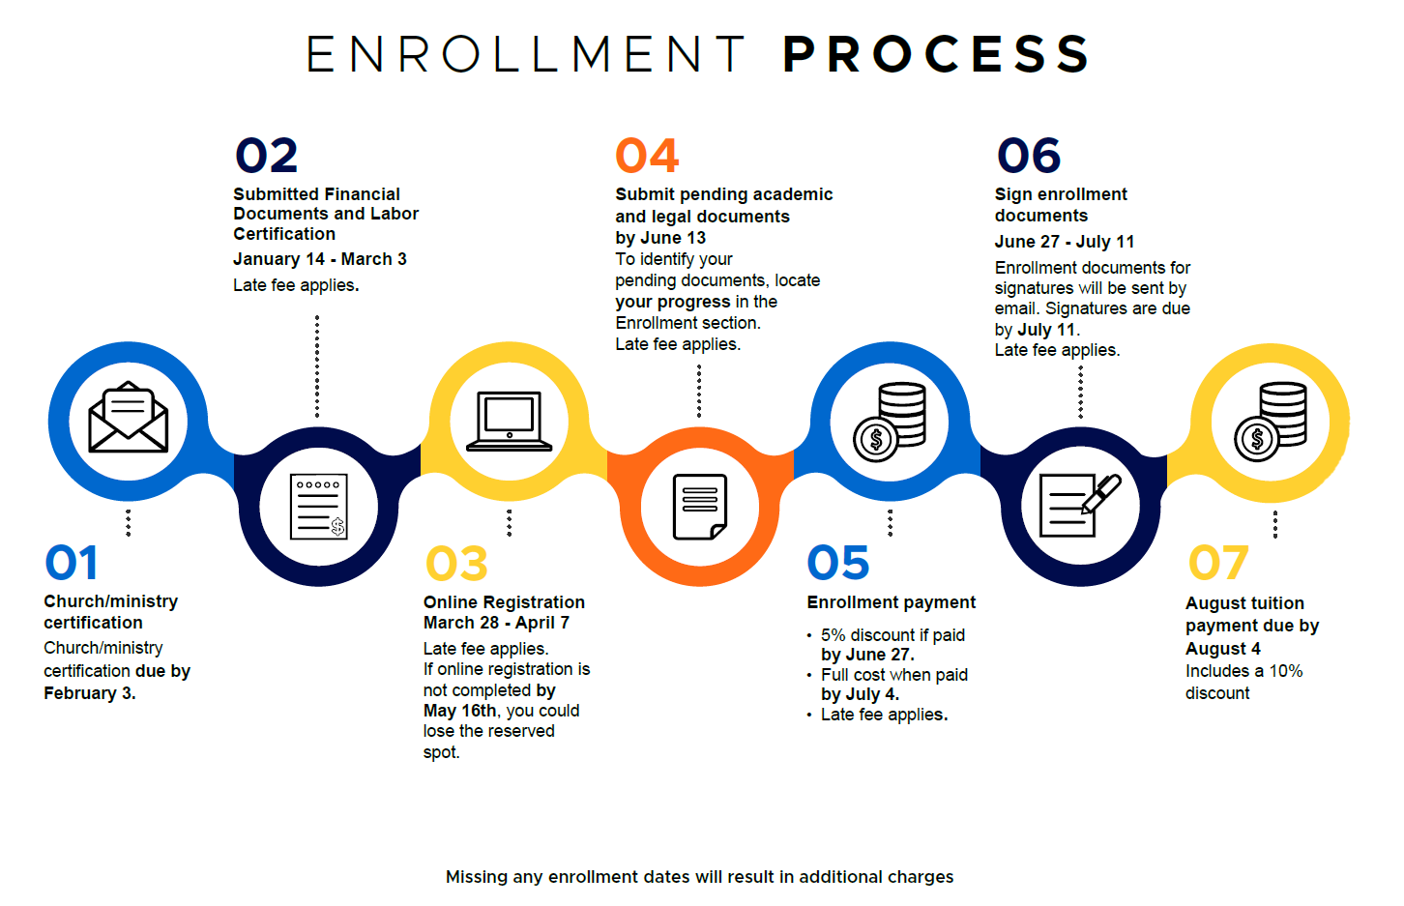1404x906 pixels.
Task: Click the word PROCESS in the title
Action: point(936,53)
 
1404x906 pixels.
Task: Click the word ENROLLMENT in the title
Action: point(525,54)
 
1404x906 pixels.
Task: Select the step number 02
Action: point(266,156)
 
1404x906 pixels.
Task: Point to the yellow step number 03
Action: point(457,563)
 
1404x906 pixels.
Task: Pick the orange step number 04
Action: point(647,156)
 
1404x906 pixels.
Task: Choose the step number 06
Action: point(1029,156)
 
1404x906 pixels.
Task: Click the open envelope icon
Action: point(129,417)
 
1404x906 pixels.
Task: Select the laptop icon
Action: point(509,421)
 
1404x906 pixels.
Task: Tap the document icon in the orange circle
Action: point(699,507)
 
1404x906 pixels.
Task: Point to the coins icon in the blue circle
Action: point(890,422)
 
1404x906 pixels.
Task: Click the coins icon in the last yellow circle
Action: point(1271,422)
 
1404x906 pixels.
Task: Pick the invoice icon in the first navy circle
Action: point(318,507)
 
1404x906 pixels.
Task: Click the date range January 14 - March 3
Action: point(320,259)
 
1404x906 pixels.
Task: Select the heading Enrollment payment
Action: point(892,602)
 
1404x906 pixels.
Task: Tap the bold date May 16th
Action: point(459,711)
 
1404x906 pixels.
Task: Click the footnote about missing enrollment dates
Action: point(699,877)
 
